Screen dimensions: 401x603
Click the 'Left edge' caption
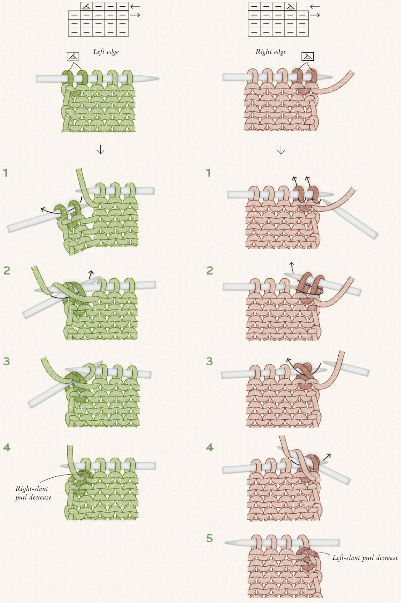(106, 52)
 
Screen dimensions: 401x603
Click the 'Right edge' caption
(271, 52)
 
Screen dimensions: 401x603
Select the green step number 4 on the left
(7, 447)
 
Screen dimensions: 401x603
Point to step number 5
(210, 538)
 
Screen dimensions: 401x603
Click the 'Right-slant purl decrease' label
(33, 493)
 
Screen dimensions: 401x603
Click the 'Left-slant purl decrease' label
(365, 557)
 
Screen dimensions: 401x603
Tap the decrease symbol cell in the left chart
(86, 6)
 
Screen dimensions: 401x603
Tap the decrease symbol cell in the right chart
(290, 6)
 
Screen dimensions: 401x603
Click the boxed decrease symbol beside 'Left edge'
(73, 56)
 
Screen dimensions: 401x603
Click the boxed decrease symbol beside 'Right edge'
(307, 57)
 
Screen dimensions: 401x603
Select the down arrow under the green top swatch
(100, 149)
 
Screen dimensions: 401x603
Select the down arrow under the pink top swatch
(281, 149)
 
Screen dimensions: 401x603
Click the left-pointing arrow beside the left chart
(135, 6)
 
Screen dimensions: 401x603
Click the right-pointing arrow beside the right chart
(315, 15)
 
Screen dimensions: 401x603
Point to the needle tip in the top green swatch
(158, 78)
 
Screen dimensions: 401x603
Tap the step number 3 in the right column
(210, 361)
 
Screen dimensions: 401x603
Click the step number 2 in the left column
(7, 270)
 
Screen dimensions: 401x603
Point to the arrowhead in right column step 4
(328, 455)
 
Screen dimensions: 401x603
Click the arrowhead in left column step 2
(91, 272)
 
